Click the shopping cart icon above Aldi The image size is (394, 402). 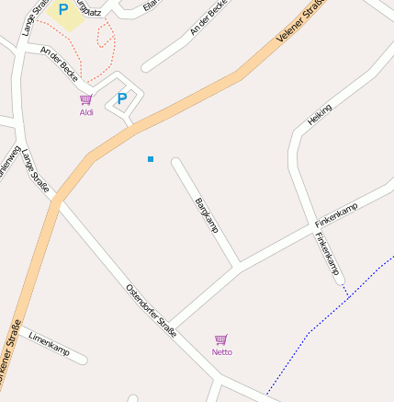coord(86,100)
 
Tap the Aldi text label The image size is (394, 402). coord(86,113)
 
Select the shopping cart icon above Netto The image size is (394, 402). coord(221,339)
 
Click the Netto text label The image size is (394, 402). coord(221,352)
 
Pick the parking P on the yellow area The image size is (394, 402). coord(63,9)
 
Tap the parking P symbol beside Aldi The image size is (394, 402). coord(121,98)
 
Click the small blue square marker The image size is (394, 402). coord(151,159)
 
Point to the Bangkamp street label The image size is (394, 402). coord(207,214)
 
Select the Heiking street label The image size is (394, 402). coord(320,115)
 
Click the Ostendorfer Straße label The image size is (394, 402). coord(151,311)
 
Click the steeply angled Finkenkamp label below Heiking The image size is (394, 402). coord(328,253)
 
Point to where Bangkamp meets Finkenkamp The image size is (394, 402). coord(239,266)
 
